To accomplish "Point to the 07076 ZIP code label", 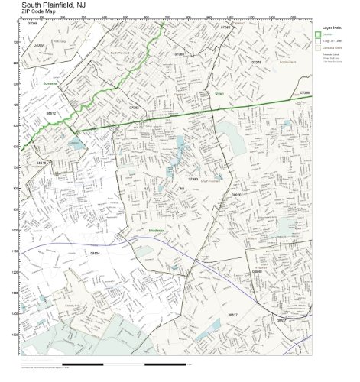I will [257, 63].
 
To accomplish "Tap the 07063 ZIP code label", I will [134, 108].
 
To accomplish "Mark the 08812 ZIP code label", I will [51, 112].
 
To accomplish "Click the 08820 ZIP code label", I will [236, 195].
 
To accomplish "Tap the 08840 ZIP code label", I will [257, 271].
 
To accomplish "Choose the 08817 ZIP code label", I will [232, 314].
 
